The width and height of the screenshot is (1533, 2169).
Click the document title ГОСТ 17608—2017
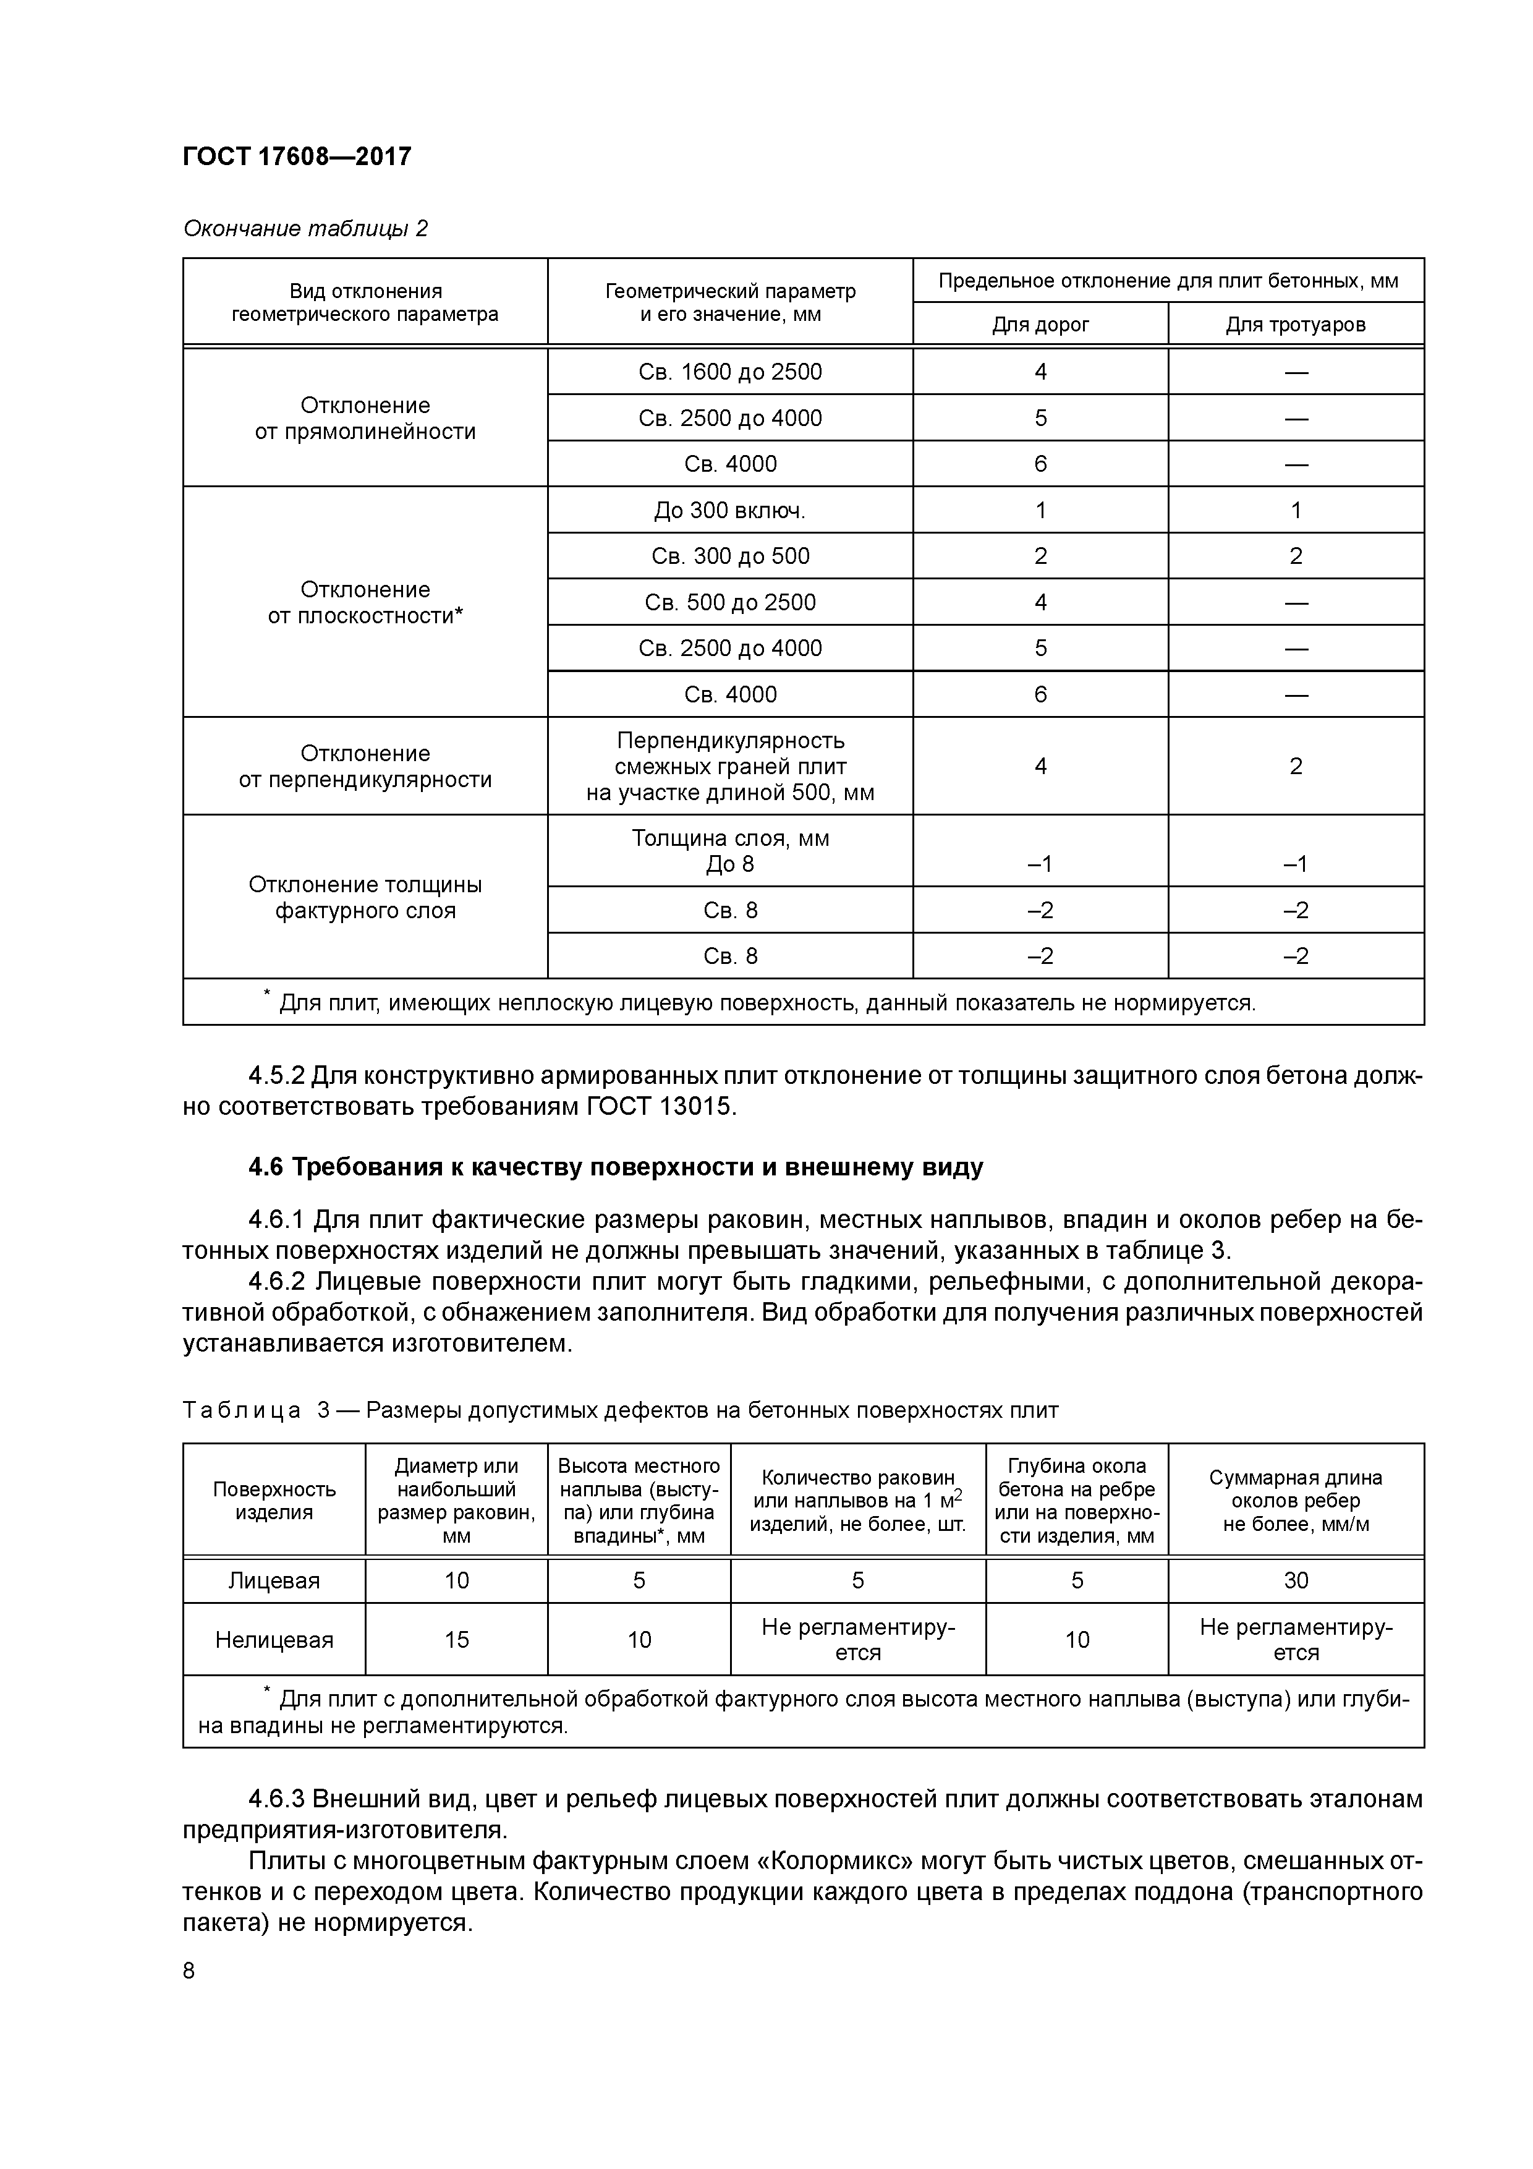pos(297,156)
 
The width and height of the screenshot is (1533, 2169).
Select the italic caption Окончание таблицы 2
pos(305,229)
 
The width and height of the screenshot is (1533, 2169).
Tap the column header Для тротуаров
pos(1295,325)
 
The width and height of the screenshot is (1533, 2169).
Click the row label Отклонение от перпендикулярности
pos(365,766)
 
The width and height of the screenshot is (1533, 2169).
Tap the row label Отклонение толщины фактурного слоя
pos(365,897)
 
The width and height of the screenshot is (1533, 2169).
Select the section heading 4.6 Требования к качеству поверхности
pos(615,1167)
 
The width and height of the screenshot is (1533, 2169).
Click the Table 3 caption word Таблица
pos(242,1410)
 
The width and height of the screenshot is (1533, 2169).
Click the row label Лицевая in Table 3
pos(274,1580)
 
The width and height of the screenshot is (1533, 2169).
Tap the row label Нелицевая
pos(274,1640)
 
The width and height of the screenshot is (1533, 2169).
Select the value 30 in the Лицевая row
pos(1295,1580)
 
